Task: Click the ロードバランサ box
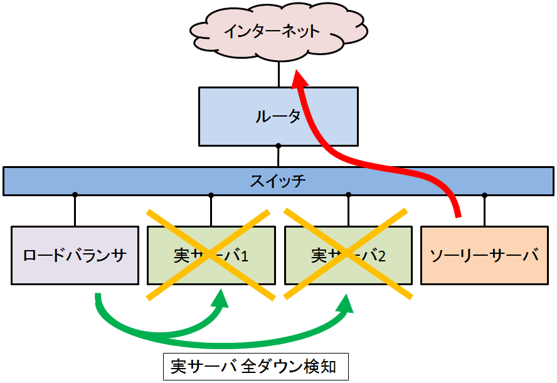(x=75, y=255)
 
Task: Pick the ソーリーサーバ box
(x=484, y=255)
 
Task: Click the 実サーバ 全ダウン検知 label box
(x=254, y=367)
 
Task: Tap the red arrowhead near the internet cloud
(x=299, y=79)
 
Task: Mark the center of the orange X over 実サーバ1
(x=211, y=254)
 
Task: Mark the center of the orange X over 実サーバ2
(x=347, y=254)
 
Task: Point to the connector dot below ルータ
(x=278, y=146)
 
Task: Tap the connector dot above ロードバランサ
(x=75, y=194)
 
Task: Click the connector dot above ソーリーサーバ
(x=484, y=194)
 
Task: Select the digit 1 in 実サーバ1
(x=245, y=256)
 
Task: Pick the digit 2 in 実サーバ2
(x=382, y=256)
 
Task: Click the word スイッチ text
(x=278, y=181)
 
